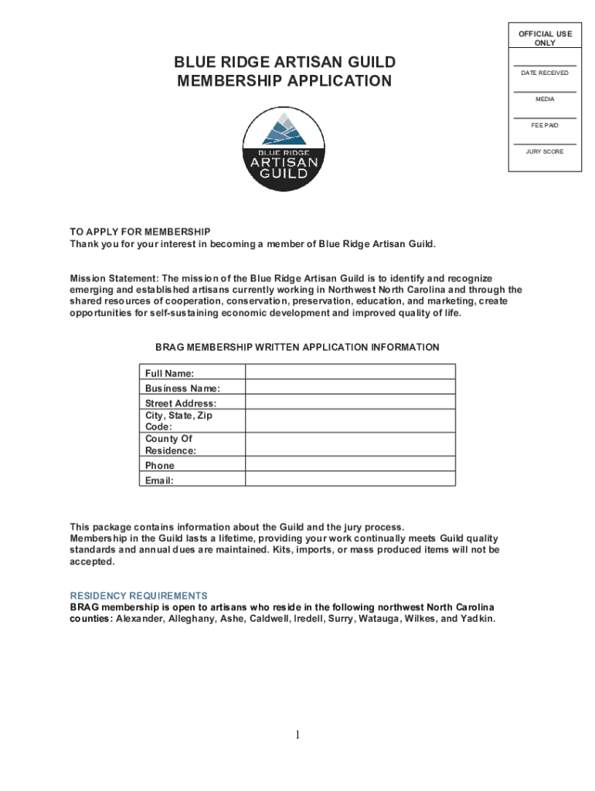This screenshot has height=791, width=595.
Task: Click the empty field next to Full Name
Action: pyautogui.click(x=350, y=372)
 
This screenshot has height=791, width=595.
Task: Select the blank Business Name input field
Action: pyautogui.click(x=350, y=388)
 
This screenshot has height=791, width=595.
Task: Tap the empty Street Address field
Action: pyautogui.click(x=350, y=402)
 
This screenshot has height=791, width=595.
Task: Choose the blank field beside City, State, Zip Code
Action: pyautogui.click(x=350, y=420)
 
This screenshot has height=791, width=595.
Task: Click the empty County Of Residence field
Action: pyautogui.click(x=350, y=444)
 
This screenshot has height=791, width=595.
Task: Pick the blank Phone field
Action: pyautogui.click(x=350, y=465)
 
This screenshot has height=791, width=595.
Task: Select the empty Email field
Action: pyautogui.click(x=350, y=480)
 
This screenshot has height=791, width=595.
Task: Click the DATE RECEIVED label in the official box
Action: pyautogui.click(x=545, y=73)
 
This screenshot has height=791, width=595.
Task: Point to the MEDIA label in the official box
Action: pyautogui.click(x=545, y=99)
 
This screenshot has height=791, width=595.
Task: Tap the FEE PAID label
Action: pyautogui.click(x=545, y=125)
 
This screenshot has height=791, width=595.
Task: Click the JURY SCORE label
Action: pyautogui.click(x=545, y=151)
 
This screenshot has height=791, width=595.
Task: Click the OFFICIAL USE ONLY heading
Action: pyautogui.click(x=545, y=39)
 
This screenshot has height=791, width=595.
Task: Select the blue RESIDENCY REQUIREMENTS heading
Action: pyautogui.click(x=139, y=596)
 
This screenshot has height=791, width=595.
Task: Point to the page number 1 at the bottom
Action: pyautogui.click(x=297, y=735)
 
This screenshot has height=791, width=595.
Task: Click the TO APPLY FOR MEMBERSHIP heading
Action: pyautogui.click(x=140, y=232)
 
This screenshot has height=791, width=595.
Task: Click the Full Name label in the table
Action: pyautogui.click(x=169, y=373)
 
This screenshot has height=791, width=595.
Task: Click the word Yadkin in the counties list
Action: pyautogui.click(x=477, y=620)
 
